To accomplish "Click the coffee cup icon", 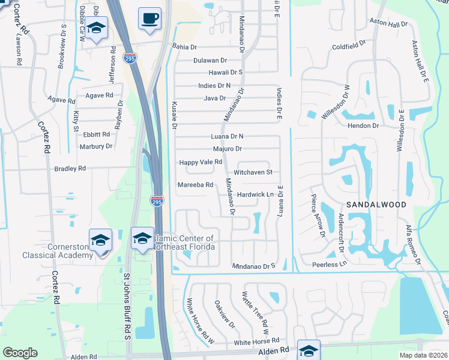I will tap(149, 18).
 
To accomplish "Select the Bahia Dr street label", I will tap(184, 46).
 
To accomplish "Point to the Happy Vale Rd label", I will tap(201, 163).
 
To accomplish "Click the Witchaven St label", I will tap(253, 172).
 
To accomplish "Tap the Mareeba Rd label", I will tap(196, 185).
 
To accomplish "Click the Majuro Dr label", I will tap(227, 149).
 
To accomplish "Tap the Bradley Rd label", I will tap(70, 169).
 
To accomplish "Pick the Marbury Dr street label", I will tap(95, 146).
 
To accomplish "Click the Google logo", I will tap(20, 353).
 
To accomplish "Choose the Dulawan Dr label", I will tap(210, 61).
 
